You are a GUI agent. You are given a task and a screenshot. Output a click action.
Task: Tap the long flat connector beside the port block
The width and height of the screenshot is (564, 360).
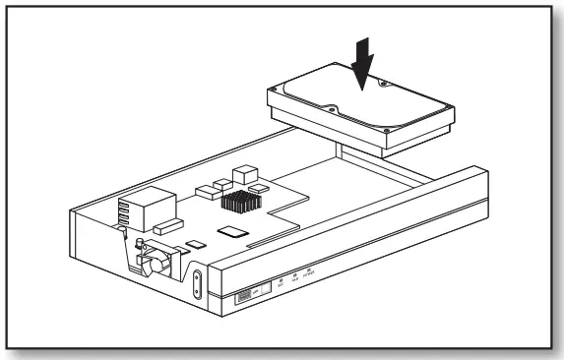(168, 227)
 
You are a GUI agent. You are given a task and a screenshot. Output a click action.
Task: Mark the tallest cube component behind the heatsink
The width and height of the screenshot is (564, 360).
(242, 174)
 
